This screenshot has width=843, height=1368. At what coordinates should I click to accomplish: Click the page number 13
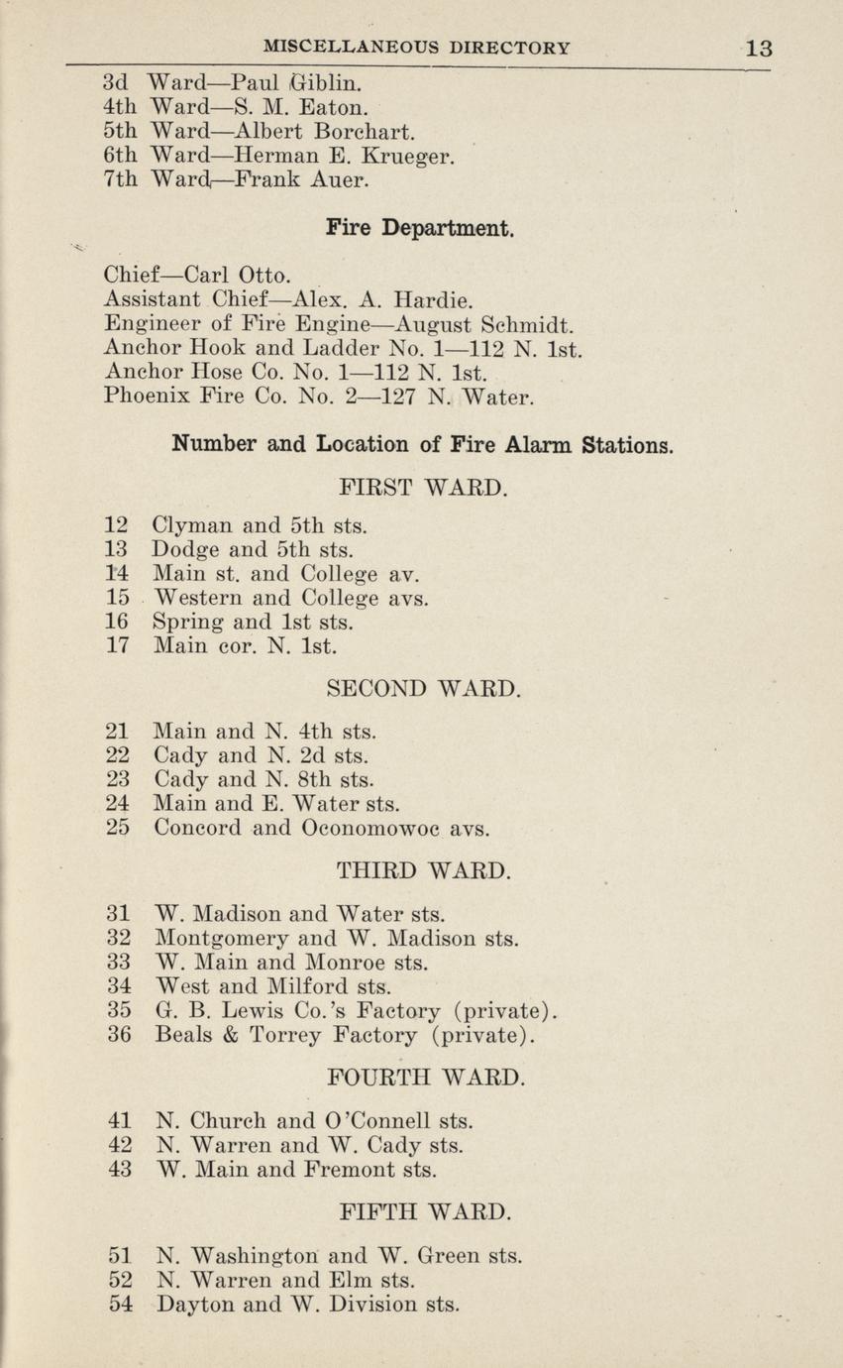(759, 48)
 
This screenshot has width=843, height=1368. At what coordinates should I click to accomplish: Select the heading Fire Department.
(421, 229)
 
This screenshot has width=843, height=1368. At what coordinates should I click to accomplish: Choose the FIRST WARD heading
(423, 488)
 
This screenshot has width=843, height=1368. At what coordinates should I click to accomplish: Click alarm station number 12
(117, 525)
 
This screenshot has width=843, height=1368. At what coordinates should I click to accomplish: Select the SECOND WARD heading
(422, 688)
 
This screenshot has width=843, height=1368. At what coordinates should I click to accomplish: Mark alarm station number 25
(117, 828)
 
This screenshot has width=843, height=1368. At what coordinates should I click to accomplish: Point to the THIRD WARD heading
(423, 872)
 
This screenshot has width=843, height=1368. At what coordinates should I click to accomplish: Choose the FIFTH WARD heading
(423, 1211)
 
